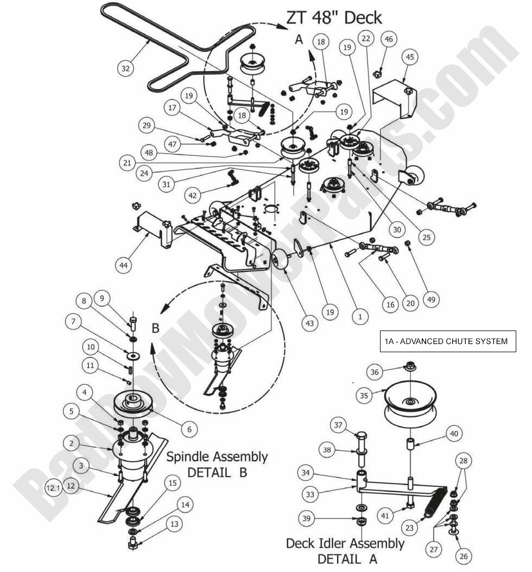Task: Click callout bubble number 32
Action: click(x=126, y=68)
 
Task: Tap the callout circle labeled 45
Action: click(x=410, y=56)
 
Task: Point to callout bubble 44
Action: click(x=124, y=265)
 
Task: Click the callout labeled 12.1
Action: click(x=53, y=488)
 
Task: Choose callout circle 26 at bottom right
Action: click(x=465, y=555)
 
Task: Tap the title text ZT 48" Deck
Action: click(x=334, y=17)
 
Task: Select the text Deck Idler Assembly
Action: click(x=345, y=543)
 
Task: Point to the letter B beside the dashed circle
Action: click(x=155, y=328)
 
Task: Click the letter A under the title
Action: click(x=299, y=39)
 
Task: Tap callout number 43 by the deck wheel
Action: click(x=309, y=323)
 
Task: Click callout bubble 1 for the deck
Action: click(x=359, y=314)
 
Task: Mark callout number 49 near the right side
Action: click(x=432, y=299)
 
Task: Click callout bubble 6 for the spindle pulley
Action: click(x=189, y=429)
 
